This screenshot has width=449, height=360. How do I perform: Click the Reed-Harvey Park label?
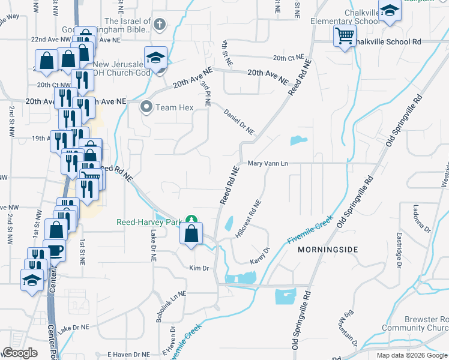coord(149,222)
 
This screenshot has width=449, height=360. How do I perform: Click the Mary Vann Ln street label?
coord(268,163)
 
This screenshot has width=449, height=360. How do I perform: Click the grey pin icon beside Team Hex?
coord(146,108)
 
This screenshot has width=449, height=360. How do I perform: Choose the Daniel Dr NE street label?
coord(239,122)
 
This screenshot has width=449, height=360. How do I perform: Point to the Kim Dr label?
coord(198,268)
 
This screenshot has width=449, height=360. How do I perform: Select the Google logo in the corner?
coord(20,352)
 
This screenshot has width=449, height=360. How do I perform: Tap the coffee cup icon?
coord(56,251)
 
